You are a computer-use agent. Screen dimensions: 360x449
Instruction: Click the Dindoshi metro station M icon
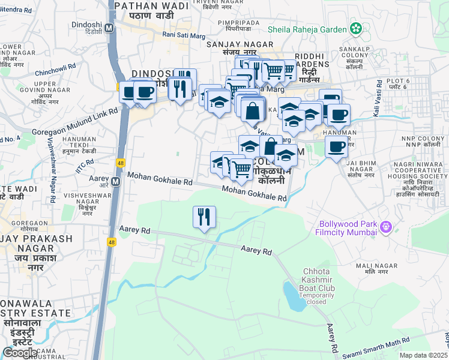pyautogui.click(x=109, y=28)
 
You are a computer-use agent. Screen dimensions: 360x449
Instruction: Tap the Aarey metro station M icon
pyautogui.click(x=115, y=179)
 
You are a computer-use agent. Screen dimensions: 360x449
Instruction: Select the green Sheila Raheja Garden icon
pyautogui.click(x=357, y=28)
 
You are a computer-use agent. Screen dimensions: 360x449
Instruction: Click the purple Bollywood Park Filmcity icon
pyautogui.click(x=385, y=227)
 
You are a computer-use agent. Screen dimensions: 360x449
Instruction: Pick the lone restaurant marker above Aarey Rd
pyautogui.click(x=204, y=217)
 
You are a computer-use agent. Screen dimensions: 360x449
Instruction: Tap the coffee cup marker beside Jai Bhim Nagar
pyautogui.click(x=336, y=146)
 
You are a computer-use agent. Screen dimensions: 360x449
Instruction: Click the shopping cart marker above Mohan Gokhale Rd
pyautogui.click(x=241, y=170)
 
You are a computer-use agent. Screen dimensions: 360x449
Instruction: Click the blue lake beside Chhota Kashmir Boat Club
pyautogui.click(x=294, y=297)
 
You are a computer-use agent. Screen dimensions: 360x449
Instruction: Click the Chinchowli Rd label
pyautogui.click(x=59, y=75)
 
